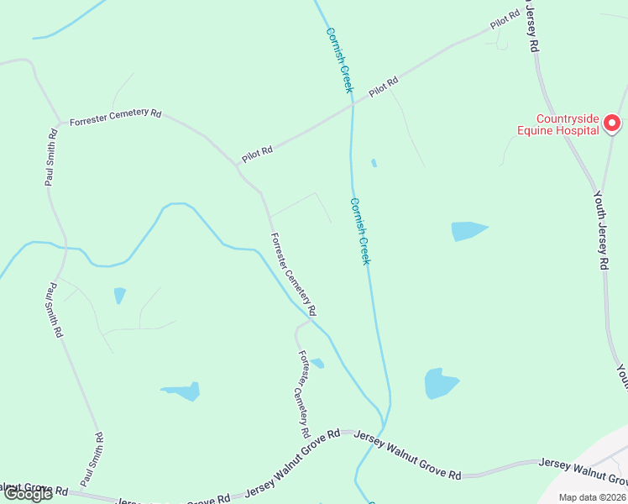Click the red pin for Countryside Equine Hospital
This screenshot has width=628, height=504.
[x=612, y=124]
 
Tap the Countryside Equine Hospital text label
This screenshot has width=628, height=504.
[x=557, y=124]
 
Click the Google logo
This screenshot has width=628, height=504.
[x=29, y=494]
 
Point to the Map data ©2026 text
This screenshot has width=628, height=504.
[x=593, y=497]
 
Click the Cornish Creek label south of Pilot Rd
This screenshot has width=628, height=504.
[x=359, y=231]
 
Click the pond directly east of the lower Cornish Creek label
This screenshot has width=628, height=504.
[x=468, y=230]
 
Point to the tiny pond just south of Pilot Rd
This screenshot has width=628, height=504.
[x=374, y=163]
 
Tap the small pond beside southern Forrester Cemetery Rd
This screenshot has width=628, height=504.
[x=317, y=363]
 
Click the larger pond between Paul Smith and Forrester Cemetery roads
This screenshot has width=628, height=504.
[x=181, y=391]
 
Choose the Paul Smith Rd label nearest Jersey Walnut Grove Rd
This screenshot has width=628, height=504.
[x=91, y=459]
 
